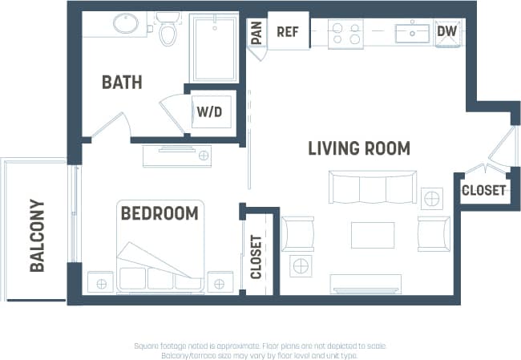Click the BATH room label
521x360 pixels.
pyautogui.click(x=122, y=82)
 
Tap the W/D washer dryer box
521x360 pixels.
pyautogui.click(x=212, y=112)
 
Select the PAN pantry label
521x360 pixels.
pyautogui.click(x=256, y=33)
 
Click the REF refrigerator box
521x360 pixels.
pyautogui.click(x=288, y=32)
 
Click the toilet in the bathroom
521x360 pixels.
pyautogui.click(x=168, y=30)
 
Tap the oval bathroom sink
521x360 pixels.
pyautogui.click(x=126, y=24)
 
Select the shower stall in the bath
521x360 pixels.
pyautogui.click(x=213, y=47)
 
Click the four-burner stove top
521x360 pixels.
pyautogui.click(x=345, y=33)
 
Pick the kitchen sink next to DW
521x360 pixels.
pyautogui.click(x=413, y=33)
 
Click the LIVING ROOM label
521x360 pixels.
pyautogui.click(x=359, y=148)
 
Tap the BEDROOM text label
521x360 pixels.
pyautogui.click(x=159, y=213)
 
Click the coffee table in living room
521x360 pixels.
pyautogui.click(x=372, y=235)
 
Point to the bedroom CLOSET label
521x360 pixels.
pyautogui.click(x=256, y=257)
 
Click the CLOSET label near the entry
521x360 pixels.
pyautogui.click(x=483, y=191)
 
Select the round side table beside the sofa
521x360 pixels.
pyautogui.click(x=432, y=197)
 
